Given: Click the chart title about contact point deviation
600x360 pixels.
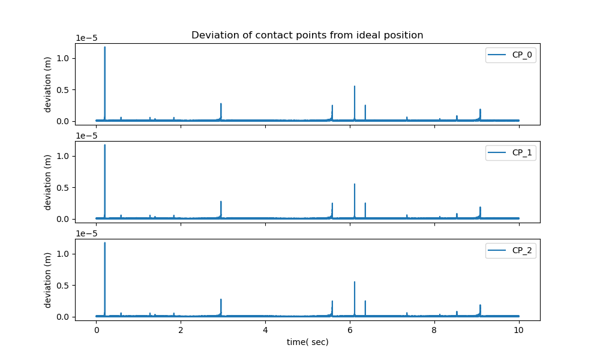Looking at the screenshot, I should click(x=307, y=35).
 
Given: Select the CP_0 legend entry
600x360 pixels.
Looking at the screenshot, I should click(x=511, y=55).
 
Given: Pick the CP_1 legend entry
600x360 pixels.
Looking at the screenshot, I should click(x=511, y=153).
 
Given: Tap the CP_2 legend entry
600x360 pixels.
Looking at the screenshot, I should click(x=511, y=251).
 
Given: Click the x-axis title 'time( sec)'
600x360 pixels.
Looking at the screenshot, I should click(x=307, y=342).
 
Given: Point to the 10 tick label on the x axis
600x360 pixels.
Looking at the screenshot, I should click(x=519, y=329).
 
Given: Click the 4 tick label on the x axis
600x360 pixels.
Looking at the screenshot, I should click(x=265, y=329).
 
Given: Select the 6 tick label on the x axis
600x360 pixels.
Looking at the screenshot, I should click(x=350, y=329).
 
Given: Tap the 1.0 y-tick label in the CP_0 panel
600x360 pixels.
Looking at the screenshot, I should click(x=64, y=58).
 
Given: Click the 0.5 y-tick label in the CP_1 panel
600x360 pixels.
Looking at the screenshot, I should click(x=64, y=188).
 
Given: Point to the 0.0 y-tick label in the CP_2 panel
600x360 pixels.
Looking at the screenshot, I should click(x=64, y=317).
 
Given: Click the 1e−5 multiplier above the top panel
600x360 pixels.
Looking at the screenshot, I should click(x=88, y=38).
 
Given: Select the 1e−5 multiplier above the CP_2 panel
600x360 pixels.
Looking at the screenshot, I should click(x=88, y=234).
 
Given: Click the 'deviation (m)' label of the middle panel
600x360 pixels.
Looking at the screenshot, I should click(x=48, y=182).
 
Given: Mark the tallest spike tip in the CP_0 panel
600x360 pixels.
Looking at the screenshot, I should click(x=105, y=47).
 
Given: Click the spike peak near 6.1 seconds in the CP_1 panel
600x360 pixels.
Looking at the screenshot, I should click(x=355, y=184).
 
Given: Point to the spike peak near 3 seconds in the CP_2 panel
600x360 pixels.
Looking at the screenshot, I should click(x=221, y=299).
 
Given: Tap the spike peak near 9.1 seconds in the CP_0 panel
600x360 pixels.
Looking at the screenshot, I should click(x=481, y=109).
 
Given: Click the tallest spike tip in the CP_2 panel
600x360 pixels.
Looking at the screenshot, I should click(x=105, y=243).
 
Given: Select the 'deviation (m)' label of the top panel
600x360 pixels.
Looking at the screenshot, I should click(x=48, y=85).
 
